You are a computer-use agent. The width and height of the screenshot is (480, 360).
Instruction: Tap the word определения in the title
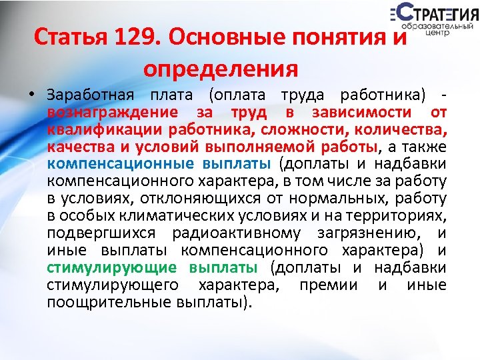[221, 67]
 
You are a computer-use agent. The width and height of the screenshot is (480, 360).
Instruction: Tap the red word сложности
[313, 129]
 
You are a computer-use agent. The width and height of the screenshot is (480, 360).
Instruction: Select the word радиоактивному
[231, 233]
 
